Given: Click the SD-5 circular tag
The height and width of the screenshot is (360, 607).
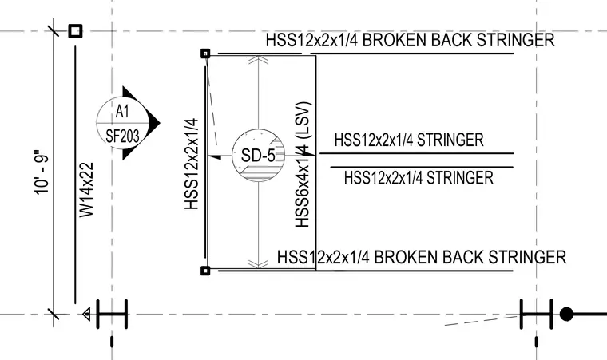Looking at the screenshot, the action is (258, 155).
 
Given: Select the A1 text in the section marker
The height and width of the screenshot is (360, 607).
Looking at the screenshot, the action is (122, 112).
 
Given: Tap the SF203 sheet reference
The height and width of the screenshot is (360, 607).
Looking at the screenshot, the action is (122, 136).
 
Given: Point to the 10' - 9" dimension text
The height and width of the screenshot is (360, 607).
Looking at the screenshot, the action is (42, 172).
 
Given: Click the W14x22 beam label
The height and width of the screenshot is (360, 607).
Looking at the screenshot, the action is (87, 190).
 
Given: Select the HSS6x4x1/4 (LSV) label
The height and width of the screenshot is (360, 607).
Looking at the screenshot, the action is (303, 164).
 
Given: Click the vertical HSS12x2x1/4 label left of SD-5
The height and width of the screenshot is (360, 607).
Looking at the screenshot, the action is (192, 164).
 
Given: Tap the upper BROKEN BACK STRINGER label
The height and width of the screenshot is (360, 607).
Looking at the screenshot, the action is (410, 40).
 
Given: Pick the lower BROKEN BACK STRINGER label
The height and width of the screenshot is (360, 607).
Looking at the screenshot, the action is (422, 257).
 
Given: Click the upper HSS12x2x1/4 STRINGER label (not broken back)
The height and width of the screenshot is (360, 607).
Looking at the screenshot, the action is (409, 140).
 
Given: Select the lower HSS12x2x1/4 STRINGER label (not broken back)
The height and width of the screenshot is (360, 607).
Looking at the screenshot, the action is (419, 178).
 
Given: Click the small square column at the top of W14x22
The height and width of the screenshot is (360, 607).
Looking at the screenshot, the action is (76, 31).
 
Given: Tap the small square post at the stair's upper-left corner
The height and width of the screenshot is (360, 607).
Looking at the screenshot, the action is (205, 53).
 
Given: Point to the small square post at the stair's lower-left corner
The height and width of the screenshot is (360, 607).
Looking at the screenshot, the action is (205, 271).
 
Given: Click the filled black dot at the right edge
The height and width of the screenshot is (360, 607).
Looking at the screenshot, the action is (567, 315).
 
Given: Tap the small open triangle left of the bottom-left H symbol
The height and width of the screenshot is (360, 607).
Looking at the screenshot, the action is (87, 315).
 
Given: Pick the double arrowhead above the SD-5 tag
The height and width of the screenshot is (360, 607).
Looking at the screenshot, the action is (258, 60).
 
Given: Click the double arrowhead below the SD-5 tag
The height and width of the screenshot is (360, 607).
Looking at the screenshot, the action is (258, 264).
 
